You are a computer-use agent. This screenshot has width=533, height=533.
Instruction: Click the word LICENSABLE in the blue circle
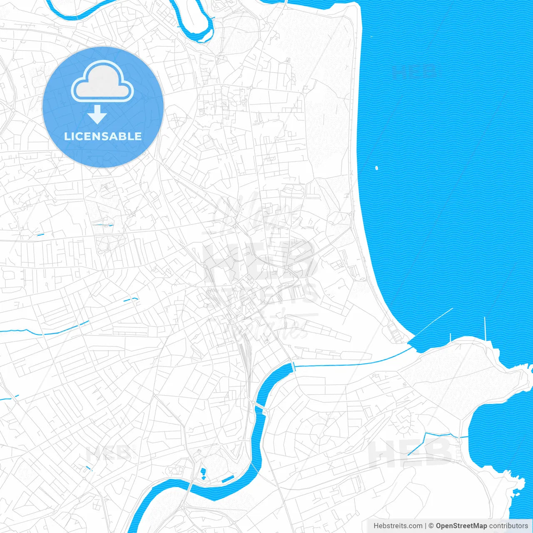point(103,136)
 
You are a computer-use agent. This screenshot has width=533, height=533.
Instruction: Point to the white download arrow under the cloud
point(97,115)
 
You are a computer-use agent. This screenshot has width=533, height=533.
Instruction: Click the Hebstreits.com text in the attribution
point(398,526)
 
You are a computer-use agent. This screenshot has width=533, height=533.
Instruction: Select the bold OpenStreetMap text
point(461,526)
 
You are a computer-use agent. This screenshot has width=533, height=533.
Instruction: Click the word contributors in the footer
point(508,526)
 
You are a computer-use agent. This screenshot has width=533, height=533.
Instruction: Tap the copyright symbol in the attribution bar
point(431,526)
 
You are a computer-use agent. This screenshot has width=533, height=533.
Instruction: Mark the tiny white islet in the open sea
point(376,168)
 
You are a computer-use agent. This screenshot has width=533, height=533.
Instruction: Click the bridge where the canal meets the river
point(293,367)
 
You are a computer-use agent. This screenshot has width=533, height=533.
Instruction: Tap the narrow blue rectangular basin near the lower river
point(228,479)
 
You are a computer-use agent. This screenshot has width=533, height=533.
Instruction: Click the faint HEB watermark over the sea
point(414,72)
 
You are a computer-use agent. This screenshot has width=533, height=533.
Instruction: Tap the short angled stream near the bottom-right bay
point(416,443)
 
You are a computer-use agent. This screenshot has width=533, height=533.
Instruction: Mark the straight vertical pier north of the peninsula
point(485,329)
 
